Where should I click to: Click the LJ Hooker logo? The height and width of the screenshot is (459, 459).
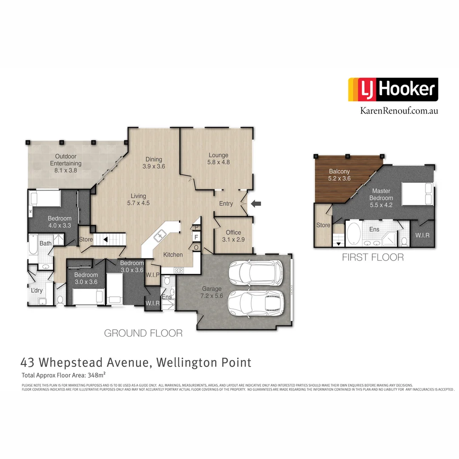(x=393, y=89)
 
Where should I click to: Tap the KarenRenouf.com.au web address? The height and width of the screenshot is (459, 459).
(x=399, y=110)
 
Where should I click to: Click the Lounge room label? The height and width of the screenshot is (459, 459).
(x=218, y=159)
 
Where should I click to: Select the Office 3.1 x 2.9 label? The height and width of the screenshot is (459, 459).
(x=233, y=236)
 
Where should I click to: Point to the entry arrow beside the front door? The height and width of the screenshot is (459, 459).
(x=256, y=204)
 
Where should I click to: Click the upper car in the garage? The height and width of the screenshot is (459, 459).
(x=256, y=273)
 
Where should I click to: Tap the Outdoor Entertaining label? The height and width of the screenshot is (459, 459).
(x=66, y=160)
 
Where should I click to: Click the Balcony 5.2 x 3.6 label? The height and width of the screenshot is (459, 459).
(x=339, y=175)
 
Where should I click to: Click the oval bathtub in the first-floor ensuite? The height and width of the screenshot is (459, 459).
(x=353, y=234)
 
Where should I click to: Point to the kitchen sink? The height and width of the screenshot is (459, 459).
(x=161, y=234)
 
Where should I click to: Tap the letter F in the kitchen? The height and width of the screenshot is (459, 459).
(x=196, y=237)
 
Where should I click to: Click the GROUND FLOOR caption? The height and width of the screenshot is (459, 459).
(x=143, y=333)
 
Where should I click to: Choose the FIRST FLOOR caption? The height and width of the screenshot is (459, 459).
(x=373, y=257)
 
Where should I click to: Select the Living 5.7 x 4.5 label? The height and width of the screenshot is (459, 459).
(x=138, y=199)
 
